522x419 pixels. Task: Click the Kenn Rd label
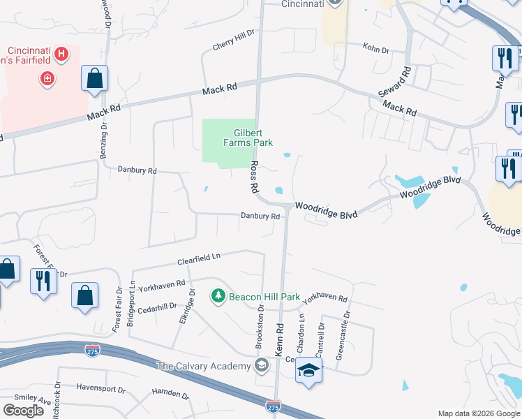[x=280, y=341]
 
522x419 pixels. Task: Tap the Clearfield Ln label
[x=199, y=258]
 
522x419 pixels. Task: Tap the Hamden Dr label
[x=171, y=394]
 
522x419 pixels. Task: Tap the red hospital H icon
[x=61, y=53]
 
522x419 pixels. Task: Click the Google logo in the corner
[x=23, y=410]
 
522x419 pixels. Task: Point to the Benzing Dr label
[x=103, y=138]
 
